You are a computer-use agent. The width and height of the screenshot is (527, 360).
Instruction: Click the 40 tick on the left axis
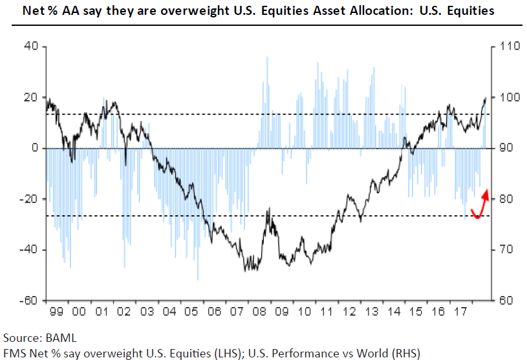tap(30, 47)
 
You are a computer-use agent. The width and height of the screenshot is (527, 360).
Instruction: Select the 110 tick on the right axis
tap(505, 47)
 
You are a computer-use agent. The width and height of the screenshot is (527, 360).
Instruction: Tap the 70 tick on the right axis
tap(503, 249)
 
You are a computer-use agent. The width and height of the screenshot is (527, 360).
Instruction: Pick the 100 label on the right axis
tap(505, 98)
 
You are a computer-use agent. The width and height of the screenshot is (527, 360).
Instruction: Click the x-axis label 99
tap(56, 312)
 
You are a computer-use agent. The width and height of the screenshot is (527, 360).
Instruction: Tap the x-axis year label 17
tap(461, 312)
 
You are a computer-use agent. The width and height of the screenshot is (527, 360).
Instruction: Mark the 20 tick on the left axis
tap(30, 98)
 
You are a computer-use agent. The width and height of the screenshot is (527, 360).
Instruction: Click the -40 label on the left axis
tap(28, 249)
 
